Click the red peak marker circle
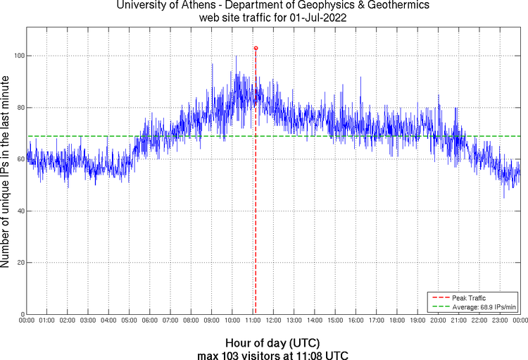(256, 48)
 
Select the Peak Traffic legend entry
(468, 298)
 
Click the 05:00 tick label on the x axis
(130, 321)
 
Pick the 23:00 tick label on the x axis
(500, 321)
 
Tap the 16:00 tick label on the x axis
(356, 321)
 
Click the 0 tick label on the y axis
(21, 314)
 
